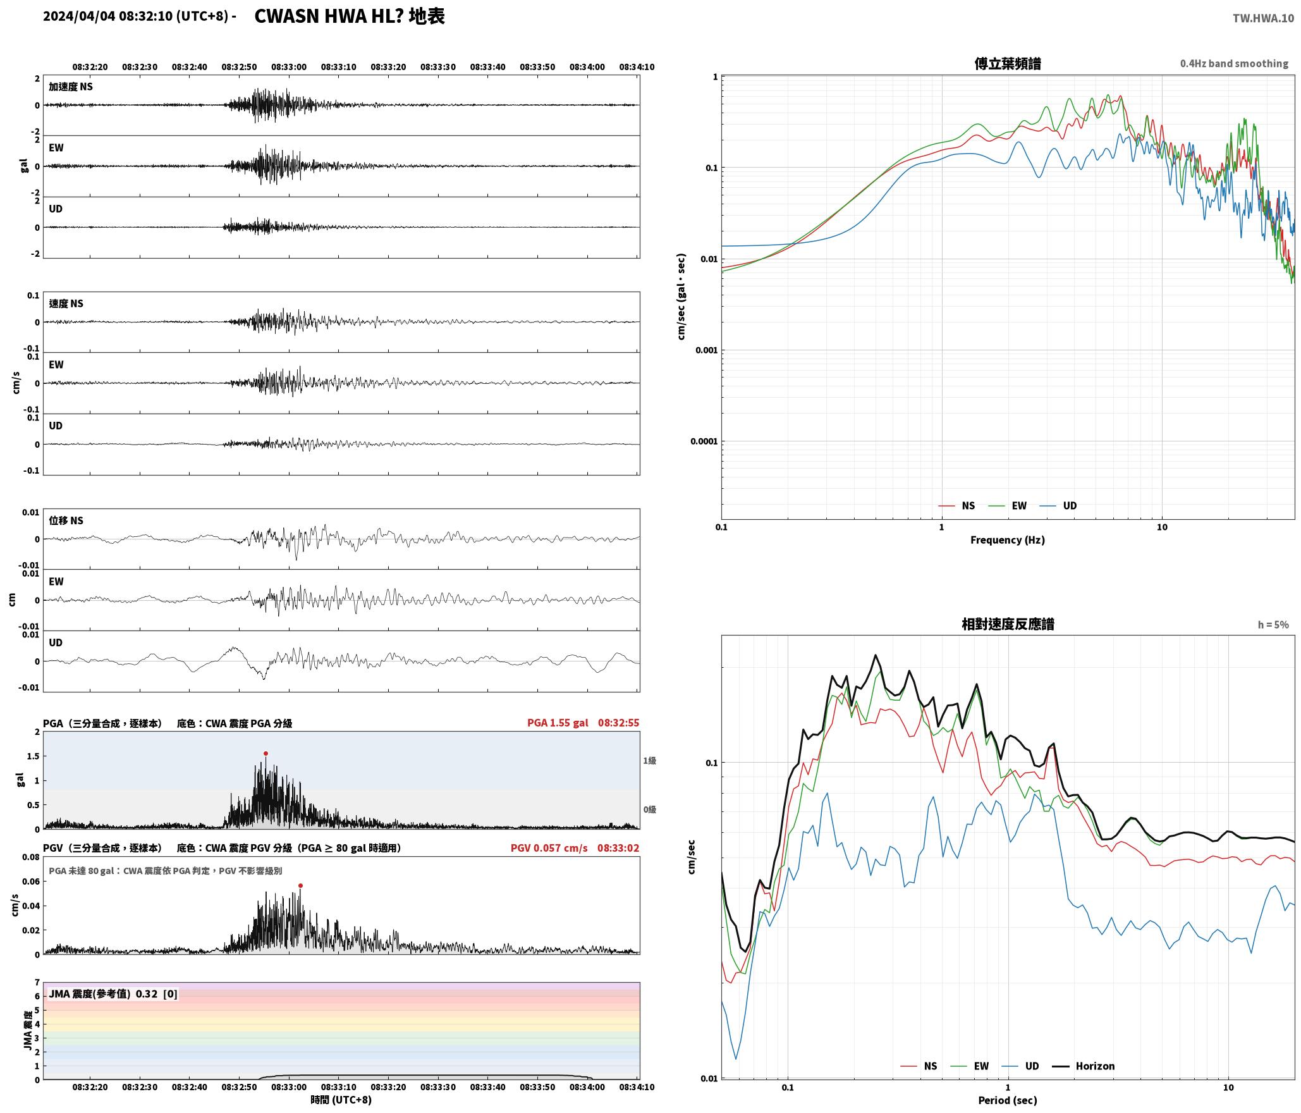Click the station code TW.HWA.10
(1263, 18)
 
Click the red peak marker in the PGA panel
(266, 753)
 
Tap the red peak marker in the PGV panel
(301, 885)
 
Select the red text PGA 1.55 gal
(558, 723)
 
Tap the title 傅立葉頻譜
(1008, 64)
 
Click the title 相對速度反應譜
(1008, 624)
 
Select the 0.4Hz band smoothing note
(1234, 64)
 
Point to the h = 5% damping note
(1273, 625)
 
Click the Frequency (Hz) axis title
(1008, 540)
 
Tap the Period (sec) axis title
(1008, 1100)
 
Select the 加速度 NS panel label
(71, 87)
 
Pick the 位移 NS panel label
(66, 520)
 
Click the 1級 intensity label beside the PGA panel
(649, 761)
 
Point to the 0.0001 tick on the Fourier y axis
(704, 441)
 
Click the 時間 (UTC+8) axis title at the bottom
(341, 1100)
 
